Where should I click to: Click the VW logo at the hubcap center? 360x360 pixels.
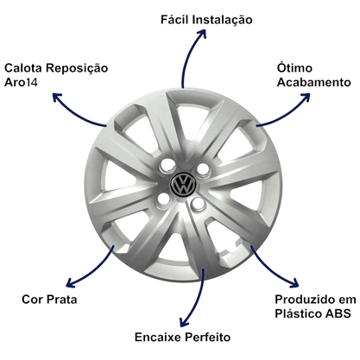click(183, 184)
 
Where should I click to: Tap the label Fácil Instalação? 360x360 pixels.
click(206, 20)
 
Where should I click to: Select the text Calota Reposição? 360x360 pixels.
click(56, 68)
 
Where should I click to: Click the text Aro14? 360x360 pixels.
click(21, 83)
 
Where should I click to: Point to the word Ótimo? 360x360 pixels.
click(294, 67)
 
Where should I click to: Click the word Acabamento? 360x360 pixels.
click(313, 82)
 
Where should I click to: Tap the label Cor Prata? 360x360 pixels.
click(49, 300)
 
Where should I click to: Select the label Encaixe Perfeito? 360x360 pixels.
click(183, 338)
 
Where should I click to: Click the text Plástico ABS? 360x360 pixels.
click(313, 313)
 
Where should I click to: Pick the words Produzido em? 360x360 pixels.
click(315, 300)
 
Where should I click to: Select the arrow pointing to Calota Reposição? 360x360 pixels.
click(75, 114)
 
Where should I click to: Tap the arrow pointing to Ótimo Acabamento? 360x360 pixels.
click(287, 114)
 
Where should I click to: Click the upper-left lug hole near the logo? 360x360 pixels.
click(167, 165)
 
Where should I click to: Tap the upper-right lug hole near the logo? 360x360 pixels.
click(204, 169)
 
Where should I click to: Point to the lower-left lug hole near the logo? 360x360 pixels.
click(163, 199)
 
